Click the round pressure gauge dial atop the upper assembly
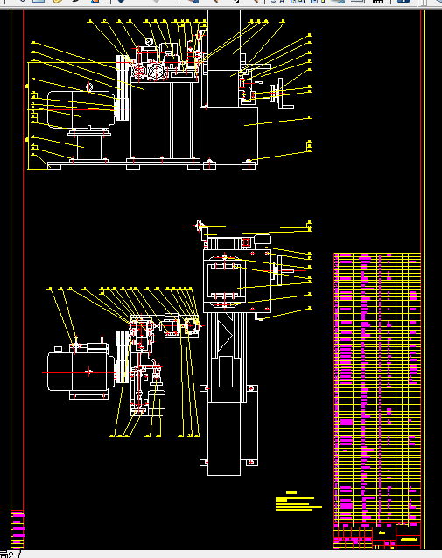[150, 42]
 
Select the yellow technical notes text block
[298, 503]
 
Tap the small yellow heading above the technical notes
[291, 492]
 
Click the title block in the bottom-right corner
[398, 535]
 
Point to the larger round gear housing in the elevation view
[157, 71]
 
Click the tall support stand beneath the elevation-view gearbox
[166, 118]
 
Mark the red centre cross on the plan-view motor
[88, 372]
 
